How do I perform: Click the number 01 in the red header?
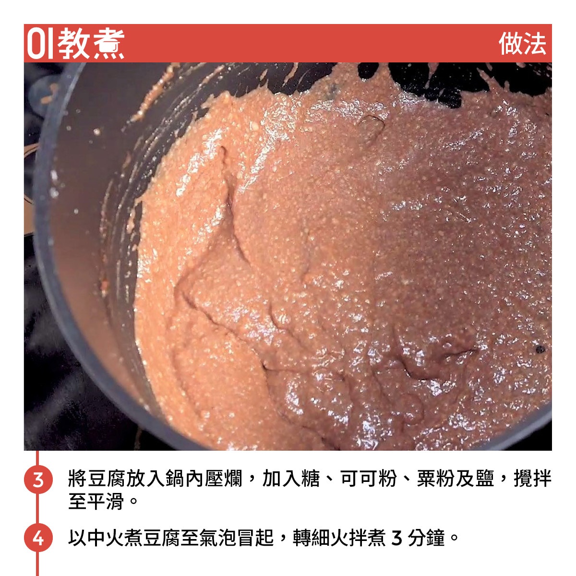click(x=40, y=43)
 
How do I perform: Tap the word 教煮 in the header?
click(x=91, y=43)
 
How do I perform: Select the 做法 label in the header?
click(x=522, y=44)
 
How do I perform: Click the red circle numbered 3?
click(x=38, y=479)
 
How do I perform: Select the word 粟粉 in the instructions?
click(x=436, y=478)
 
